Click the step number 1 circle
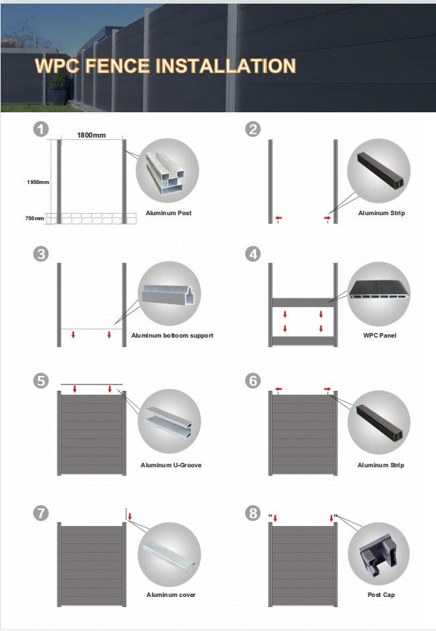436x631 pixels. pos(41,130)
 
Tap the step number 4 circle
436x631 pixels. pos(252,254)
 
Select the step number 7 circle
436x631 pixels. pos(41,513)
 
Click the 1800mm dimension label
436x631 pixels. pos(92,135)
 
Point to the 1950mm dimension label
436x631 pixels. pos(38,182)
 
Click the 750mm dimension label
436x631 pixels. pos(35,218)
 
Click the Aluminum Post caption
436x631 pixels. pos(168,214)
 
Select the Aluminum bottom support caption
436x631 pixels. pos(172,335)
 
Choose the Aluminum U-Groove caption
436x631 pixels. pos(170,465)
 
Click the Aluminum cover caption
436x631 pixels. pos(170,595)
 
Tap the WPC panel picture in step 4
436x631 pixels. pos(378,294)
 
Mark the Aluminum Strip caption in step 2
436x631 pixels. pos(381,214)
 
